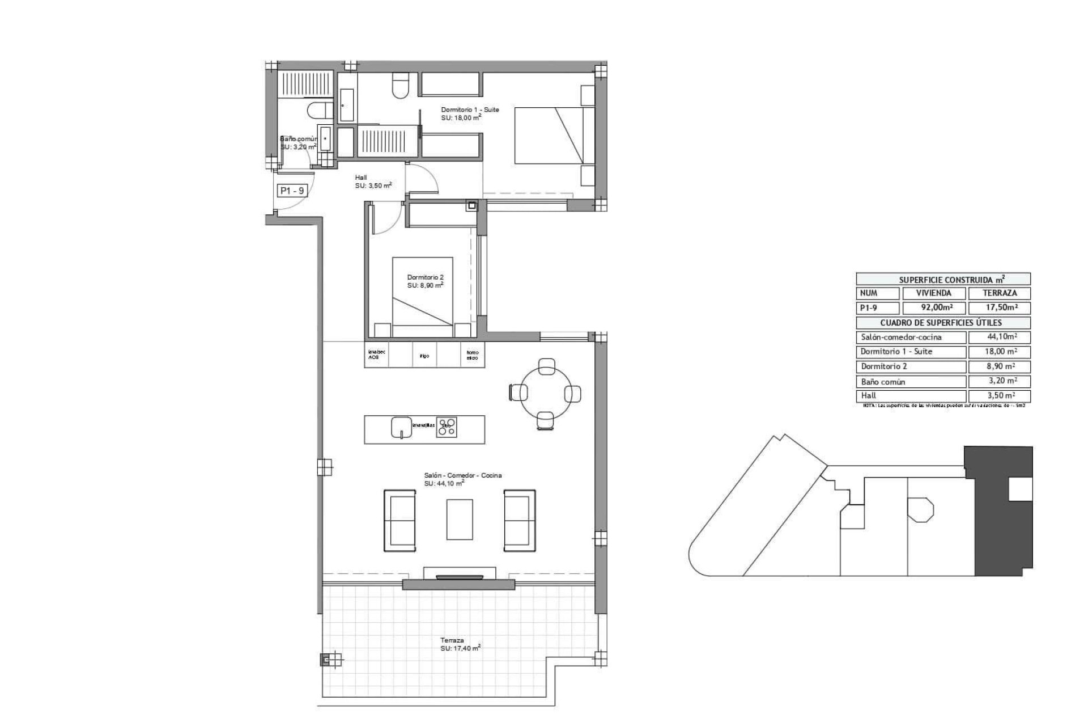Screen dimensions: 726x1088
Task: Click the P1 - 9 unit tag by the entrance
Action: [x=292, y=191]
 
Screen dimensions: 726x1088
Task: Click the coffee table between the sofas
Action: [x=460, y=519]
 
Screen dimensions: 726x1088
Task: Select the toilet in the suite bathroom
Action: [x=401, y=86]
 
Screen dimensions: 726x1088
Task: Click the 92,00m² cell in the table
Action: [x=933, y=308]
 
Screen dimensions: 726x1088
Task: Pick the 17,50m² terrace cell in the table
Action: [x=1000, y=308]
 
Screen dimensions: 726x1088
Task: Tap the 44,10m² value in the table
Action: [x=998, y=337]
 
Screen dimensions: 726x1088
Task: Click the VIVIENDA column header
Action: [x=933, y=293]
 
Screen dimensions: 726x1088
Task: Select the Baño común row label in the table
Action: [x=882, y=382]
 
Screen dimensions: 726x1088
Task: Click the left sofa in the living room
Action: [x=400, y=520]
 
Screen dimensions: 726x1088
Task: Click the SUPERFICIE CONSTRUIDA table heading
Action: [x=943, y=279]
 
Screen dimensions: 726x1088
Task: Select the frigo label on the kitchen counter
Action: [x=424, y=356]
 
